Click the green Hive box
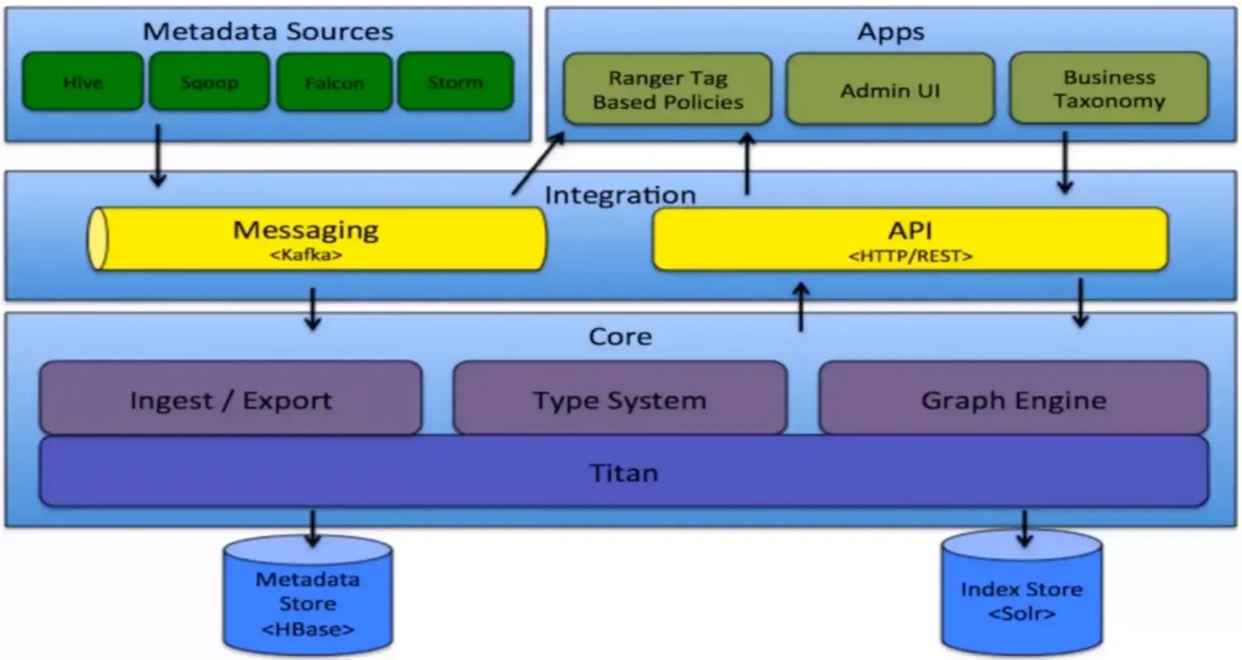coord(82,82)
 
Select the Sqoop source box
coord(209,82)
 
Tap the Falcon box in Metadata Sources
coord(334,82)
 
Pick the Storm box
coord(455,82)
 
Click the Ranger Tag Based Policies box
coord(667,89)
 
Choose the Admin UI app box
coord(889,89)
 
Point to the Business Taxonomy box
coord(1109,89)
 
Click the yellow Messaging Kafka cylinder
coord(318,238)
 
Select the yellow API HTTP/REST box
coord(910,238)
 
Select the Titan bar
coord(623,472)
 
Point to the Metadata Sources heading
coord(267,31)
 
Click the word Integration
coord(620,195)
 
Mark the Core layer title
coord(620,336)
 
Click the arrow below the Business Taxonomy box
coord(1065,162)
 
